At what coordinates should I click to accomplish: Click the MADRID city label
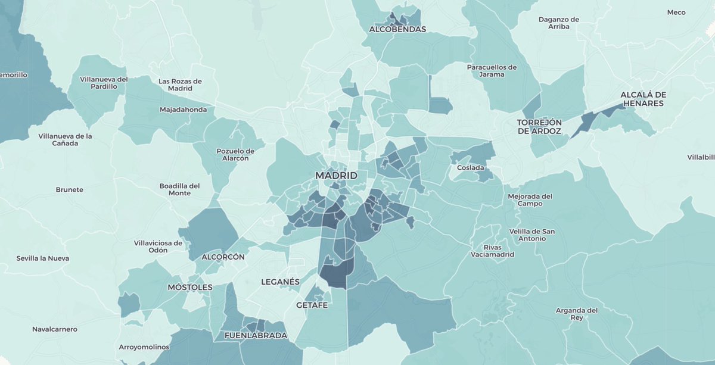[x=336, y=176]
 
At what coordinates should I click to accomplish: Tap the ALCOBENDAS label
[x=397, y=29]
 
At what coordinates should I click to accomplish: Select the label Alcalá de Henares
[x=642, y=99]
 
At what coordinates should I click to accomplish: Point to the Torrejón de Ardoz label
[x=539, y=126]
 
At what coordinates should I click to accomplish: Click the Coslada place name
[x=471, y=167]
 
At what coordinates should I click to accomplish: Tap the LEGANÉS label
[x=280, y=281]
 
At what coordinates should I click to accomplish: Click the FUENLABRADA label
[x=256, y=335]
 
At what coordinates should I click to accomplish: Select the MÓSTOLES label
[x=189, y=287]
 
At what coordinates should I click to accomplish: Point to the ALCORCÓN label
[x=223, y=257]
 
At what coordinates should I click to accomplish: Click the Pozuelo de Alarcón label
[x=236, y=155]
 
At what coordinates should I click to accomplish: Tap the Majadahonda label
[x=183, y=110]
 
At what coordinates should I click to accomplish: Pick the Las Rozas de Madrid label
[x=180, y=85]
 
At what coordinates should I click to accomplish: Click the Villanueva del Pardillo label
[x=104, y=83]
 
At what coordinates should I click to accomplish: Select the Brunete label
[x=69, y=190]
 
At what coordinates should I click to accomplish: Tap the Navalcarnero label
[x=55, y=329]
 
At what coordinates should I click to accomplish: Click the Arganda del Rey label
[x=576, y=314]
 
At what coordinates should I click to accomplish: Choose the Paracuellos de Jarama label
[x=492, y=70]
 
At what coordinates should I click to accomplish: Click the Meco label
[x=676, y=12]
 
